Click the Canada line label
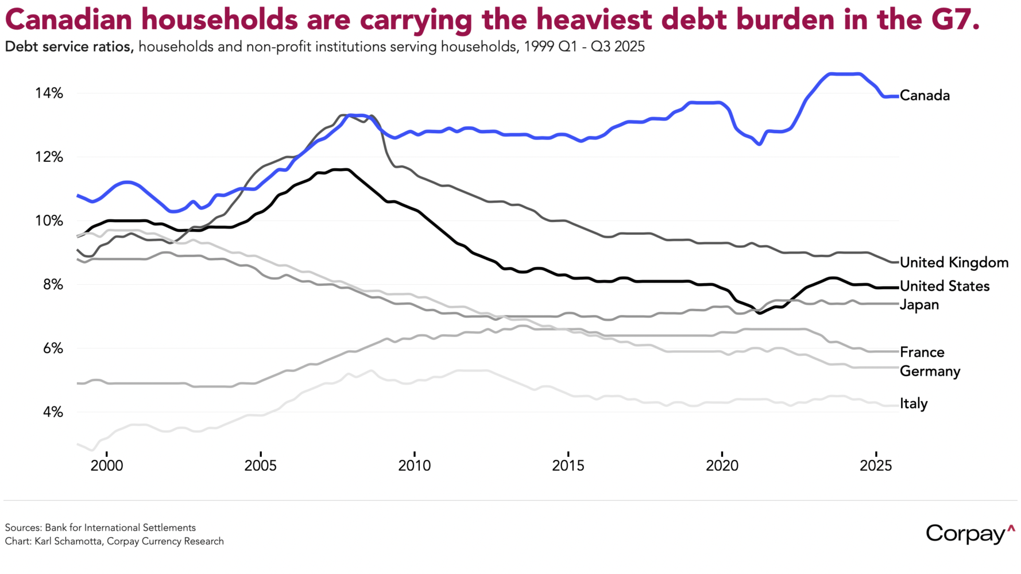(925, 95)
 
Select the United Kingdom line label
(954, 262)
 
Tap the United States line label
(945, 286)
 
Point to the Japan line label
(919, 304)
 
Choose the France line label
(922, 352)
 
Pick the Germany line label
(930, 371)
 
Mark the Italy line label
(914, 404)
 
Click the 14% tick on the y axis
(49, 93)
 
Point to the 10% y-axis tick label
(49, 220)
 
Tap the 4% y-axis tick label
(52, 412)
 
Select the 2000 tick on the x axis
(107, 465)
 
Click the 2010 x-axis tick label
(414, 465)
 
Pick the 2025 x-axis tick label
(876, 465)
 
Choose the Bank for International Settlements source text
(120, 528)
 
